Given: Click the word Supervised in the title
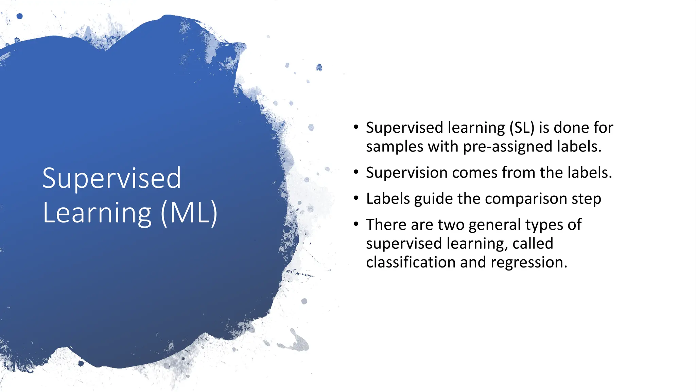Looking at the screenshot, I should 111,178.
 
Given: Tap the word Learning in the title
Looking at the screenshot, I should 97,213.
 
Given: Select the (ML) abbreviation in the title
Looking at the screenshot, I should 189,213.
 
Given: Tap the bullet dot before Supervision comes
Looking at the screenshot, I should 356,172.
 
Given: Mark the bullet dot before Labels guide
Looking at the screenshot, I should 356,198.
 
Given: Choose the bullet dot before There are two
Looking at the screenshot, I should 356,224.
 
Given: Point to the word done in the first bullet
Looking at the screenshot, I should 571,128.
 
